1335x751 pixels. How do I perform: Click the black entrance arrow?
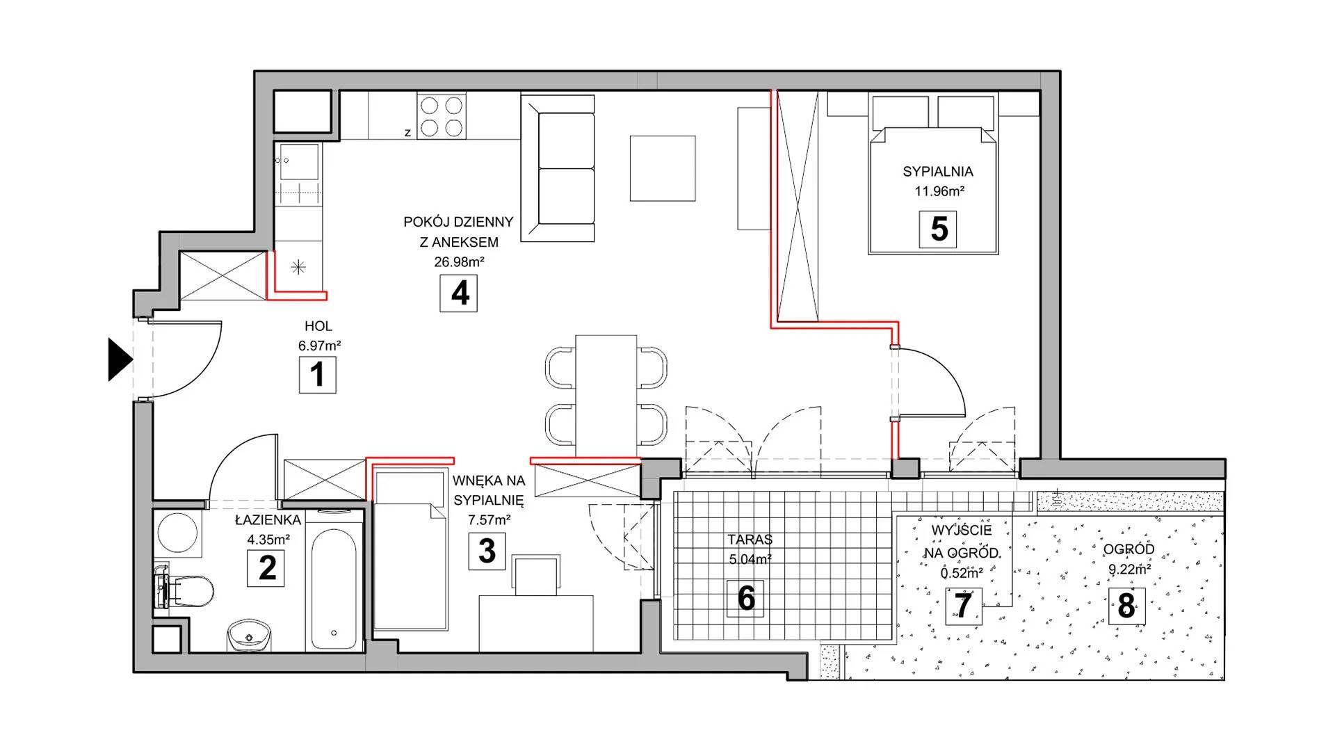(119, 360)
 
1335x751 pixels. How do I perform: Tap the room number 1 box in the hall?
(318, 375)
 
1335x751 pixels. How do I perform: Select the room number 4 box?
(459, 293)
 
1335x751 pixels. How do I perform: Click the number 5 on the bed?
(938, 229)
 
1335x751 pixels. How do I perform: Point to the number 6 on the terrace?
(745, 598)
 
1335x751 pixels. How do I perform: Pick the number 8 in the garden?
(1126, 606)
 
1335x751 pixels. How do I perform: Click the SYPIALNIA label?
(938, 172)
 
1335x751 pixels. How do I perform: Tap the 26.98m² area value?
(459, 262)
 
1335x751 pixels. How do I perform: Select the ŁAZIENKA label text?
(268, 520)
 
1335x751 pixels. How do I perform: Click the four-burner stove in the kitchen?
(442, 116)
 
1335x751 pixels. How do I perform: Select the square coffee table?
(663, 168)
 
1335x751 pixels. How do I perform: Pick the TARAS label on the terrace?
(750, 540)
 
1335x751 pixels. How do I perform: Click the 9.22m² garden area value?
(1129, 570)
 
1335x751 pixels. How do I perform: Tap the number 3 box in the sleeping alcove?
(487, 551)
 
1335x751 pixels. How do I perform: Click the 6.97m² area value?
(319, 346)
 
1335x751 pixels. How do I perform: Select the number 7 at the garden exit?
(963, 606)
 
